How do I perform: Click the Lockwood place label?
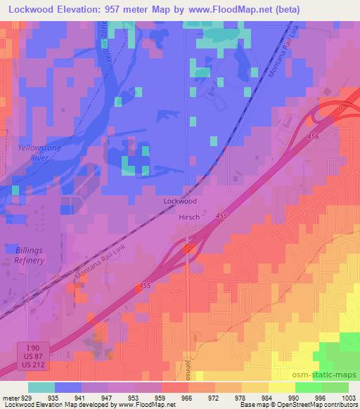click(x=180, y=201)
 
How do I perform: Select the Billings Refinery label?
click(x=29, y=255)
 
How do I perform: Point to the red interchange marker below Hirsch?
click(x=187, y=248)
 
